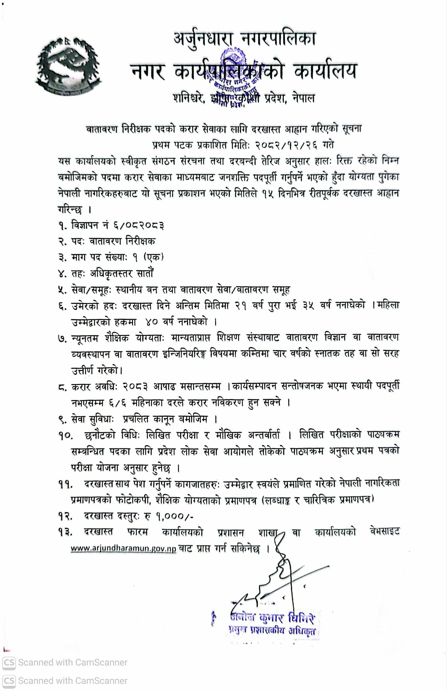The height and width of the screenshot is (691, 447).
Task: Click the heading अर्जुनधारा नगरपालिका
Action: coord(245,39)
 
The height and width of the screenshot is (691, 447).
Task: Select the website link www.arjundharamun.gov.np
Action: coord(123,549)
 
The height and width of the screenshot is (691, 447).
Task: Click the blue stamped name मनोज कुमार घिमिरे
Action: coord(273,618)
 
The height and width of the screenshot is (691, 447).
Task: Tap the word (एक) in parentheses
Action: coord(154,257)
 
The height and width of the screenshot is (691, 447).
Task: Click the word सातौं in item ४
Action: coord(145,273)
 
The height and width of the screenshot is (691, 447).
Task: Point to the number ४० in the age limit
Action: coord(152,322)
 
